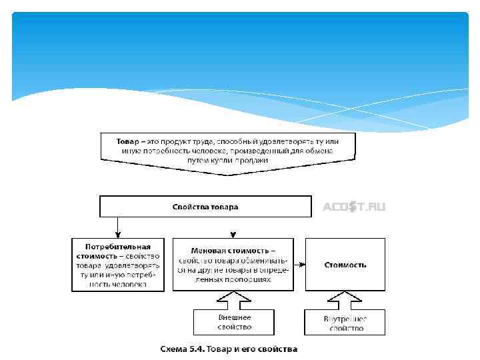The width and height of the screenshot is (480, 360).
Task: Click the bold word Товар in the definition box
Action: [127, 142]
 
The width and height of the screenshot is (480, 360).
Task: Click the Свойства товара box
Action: [205, 207]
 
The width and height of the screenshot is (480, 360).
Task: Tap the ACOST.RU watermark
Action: [354, 207]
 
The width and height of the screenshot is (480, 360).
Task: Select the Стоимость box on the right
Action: [345, 265]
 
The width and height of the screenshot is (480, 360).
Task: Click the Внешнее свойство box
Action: [234, 323]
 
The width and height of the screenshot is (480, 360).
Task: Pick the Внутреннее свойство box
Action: [345, 323]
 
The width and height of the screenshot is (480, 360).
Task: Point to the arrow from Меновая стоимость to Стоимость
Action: [299, 264]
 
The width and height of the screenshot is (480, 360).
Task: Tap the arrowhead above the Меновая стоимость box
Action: [232, 234]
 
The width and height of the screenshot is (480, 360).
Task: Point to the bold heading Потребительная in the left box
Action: [117, 247]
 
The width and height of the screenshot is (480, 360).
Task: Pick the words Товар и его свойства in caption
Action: [253, 349]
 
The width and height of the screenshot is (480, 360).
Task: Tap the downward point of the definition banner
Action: [228, 175]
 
